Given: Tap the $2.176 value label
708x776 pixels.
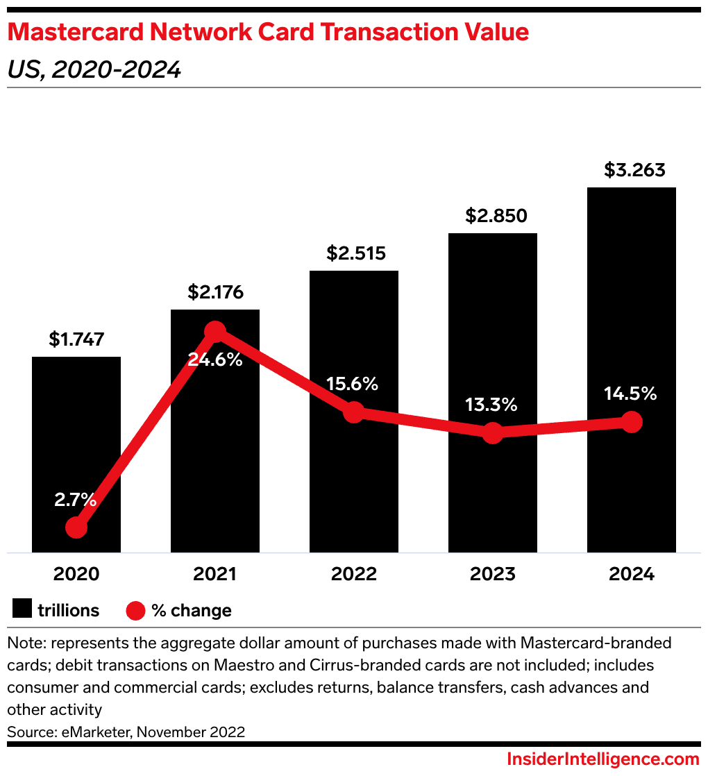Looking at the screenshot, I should point(215,292).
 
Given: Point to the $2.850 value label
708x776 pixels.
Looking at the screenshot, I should point(493,216).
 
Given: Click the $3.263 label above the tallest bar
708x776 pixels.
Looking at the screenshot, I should point(632,170).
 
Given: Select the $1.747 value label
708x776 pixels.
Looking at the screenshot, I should point(76,339).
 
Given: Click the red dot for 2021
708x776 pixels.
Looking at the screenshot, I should point(215,332).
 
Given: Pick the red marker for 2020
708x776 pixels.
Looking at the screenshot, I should point(76,528).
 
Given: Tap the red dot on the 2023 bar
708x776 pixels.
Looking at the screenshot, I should point(493,433).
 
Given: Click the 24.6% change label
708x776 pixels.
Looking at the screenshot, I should point(215,360).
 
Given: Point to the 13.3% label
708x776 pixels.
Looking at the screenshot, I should point(492,405).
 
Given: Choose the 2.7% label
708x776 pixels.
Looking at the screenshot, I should point(76,498).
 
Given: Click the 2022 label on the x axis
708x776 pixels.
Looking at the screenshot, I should point(354,574).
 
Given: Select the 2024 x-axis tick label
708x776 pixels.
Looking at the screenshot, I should point(632,574).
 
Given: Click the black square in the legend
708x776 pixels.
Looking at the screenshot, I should point(23,610).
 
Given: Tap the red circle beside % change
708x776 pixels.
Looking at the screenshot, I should point(136,610).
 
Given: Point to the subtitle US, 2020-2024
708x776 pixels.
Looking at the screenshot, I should point(94,69).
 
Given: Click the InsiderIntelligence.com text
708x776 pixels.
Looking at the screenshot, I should point(603,759).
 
